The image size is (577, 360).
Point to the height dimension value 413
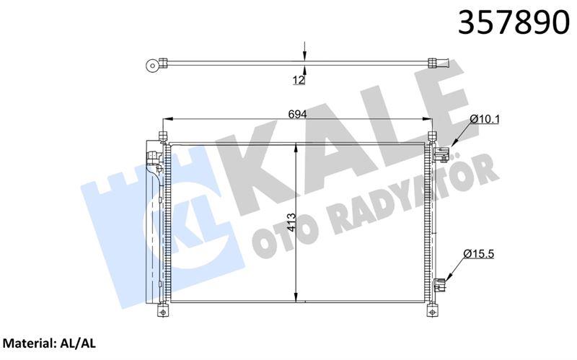coord(288,220)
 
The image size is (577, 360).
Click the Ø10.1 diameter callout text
coord(483,117)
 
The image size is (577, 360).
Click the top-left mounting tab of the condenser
coord(163,136)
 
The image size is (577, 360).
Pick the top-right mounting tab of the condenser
coord(433,136)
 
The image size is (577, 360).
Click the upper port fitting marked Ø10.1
coord(441,153)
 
